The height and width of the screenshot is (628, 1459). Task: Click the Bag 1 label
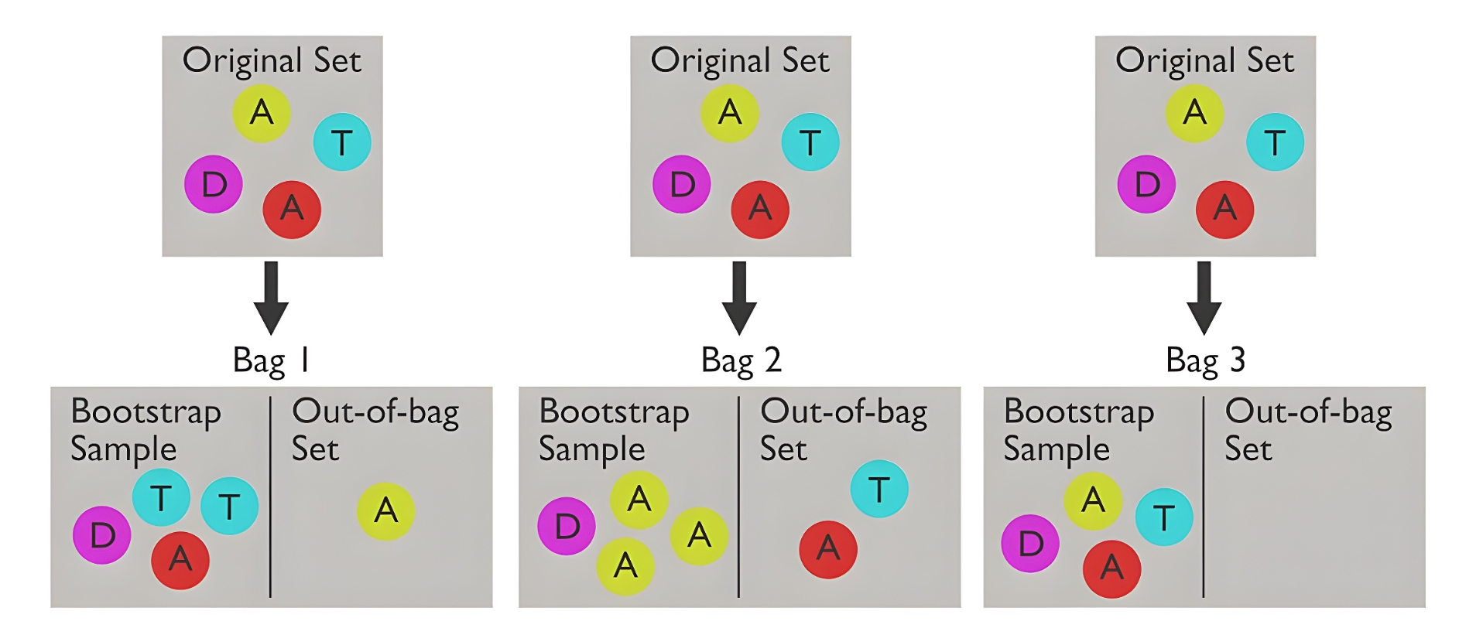click(x=272, y=360)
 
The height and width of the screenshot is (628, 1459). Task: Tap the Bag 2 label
click(x=741, y=360)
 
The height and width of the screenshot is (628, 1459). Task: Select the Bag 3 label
click(x=1205, y=360)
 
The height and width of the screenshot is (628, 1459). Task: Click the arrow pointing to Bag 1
click(x=271, y=298)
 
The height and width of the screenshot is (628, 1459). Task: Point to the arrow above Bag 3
click(x=1204, y=298)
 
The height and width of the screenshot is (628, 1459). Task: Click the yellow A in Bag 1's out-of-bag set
click(x=385, y=510)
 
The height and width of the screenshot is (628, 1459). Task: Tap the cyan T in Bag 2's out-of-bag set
click(x=878, y=489)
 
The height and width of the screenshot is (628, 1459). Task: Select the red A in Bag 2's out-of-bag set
click(x=828, y=549)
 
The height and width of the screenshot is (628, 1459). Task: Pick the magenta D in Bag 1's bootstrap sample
click(x=102, y=534)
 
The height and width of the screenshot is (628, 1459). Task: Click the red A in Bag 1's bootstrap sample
click(x=180, y=560)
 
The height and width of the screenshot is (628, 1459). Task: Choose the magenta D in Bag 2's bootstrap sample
click(x=567, y=527)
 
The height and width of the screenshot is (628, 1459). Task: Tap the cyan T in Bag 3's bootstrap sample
click(x=1163, y=517)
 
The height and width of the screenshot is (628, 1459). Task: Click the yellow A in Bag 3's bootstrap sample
click(x=1093, y=500)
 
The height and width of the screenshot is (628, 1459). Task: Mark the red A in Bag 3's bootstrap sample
click(x=1111, y=568)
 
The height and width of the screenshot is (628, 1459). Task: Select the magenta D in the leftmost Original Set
click(x=214, y=184)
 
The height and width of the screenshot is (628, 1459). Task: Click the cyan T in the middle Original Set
click(x=810, y=142)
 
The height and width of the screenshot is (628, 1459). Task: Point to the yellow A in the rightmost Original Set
click(x=1194, y=113)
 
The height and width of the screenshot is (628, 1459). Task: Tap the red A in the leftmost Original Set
click(x=292, y=209)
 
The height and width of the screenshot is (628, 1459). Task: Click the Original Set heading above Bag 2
click(x=740, y=60)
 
